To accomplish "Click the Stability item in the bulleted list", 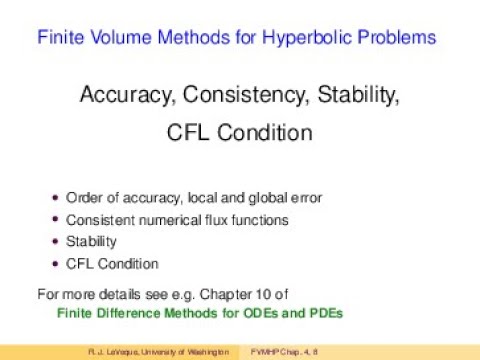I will pyautogui.click(x=91, y=242).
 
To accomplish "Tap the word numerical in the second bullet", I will pyautogui.click(x=169, y=220).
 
